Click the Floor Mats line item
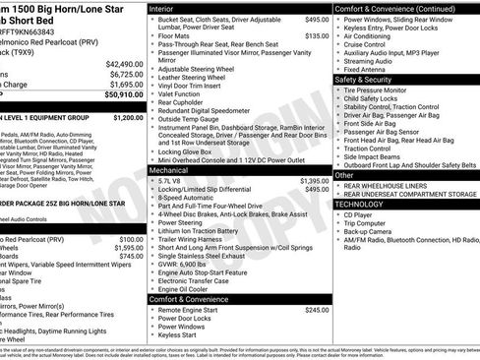coord(173,35)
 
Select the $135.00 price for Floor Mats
coord(317,35)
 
